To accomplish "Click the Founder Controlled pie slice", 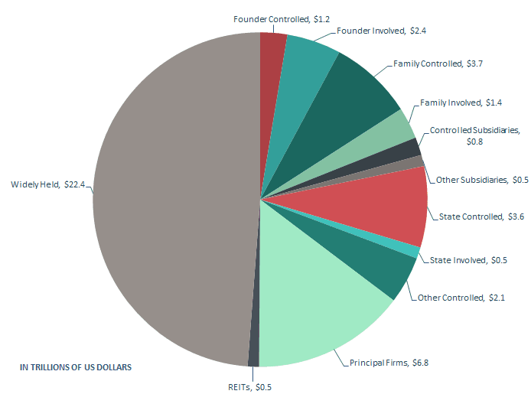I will pyautogui.click(x=272, y=54).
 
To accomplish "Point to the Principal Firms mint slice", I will pyautogui.click(x=321, y=306).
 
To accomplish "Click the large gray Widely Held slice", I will pyautogui.click(x=168, y=199).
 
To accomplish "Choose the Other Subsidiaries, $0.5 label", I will pyautogui.click(x=471, y=180).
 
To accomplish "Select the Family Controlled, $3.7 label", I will pyautogui.click(x=438, y=63).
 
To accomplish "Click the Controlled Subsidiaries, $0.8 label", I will pyautogui.click(x=474, y=135).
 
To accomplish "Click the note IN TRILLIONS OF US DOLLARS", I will pyautogui.click(x=76, y=367).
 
